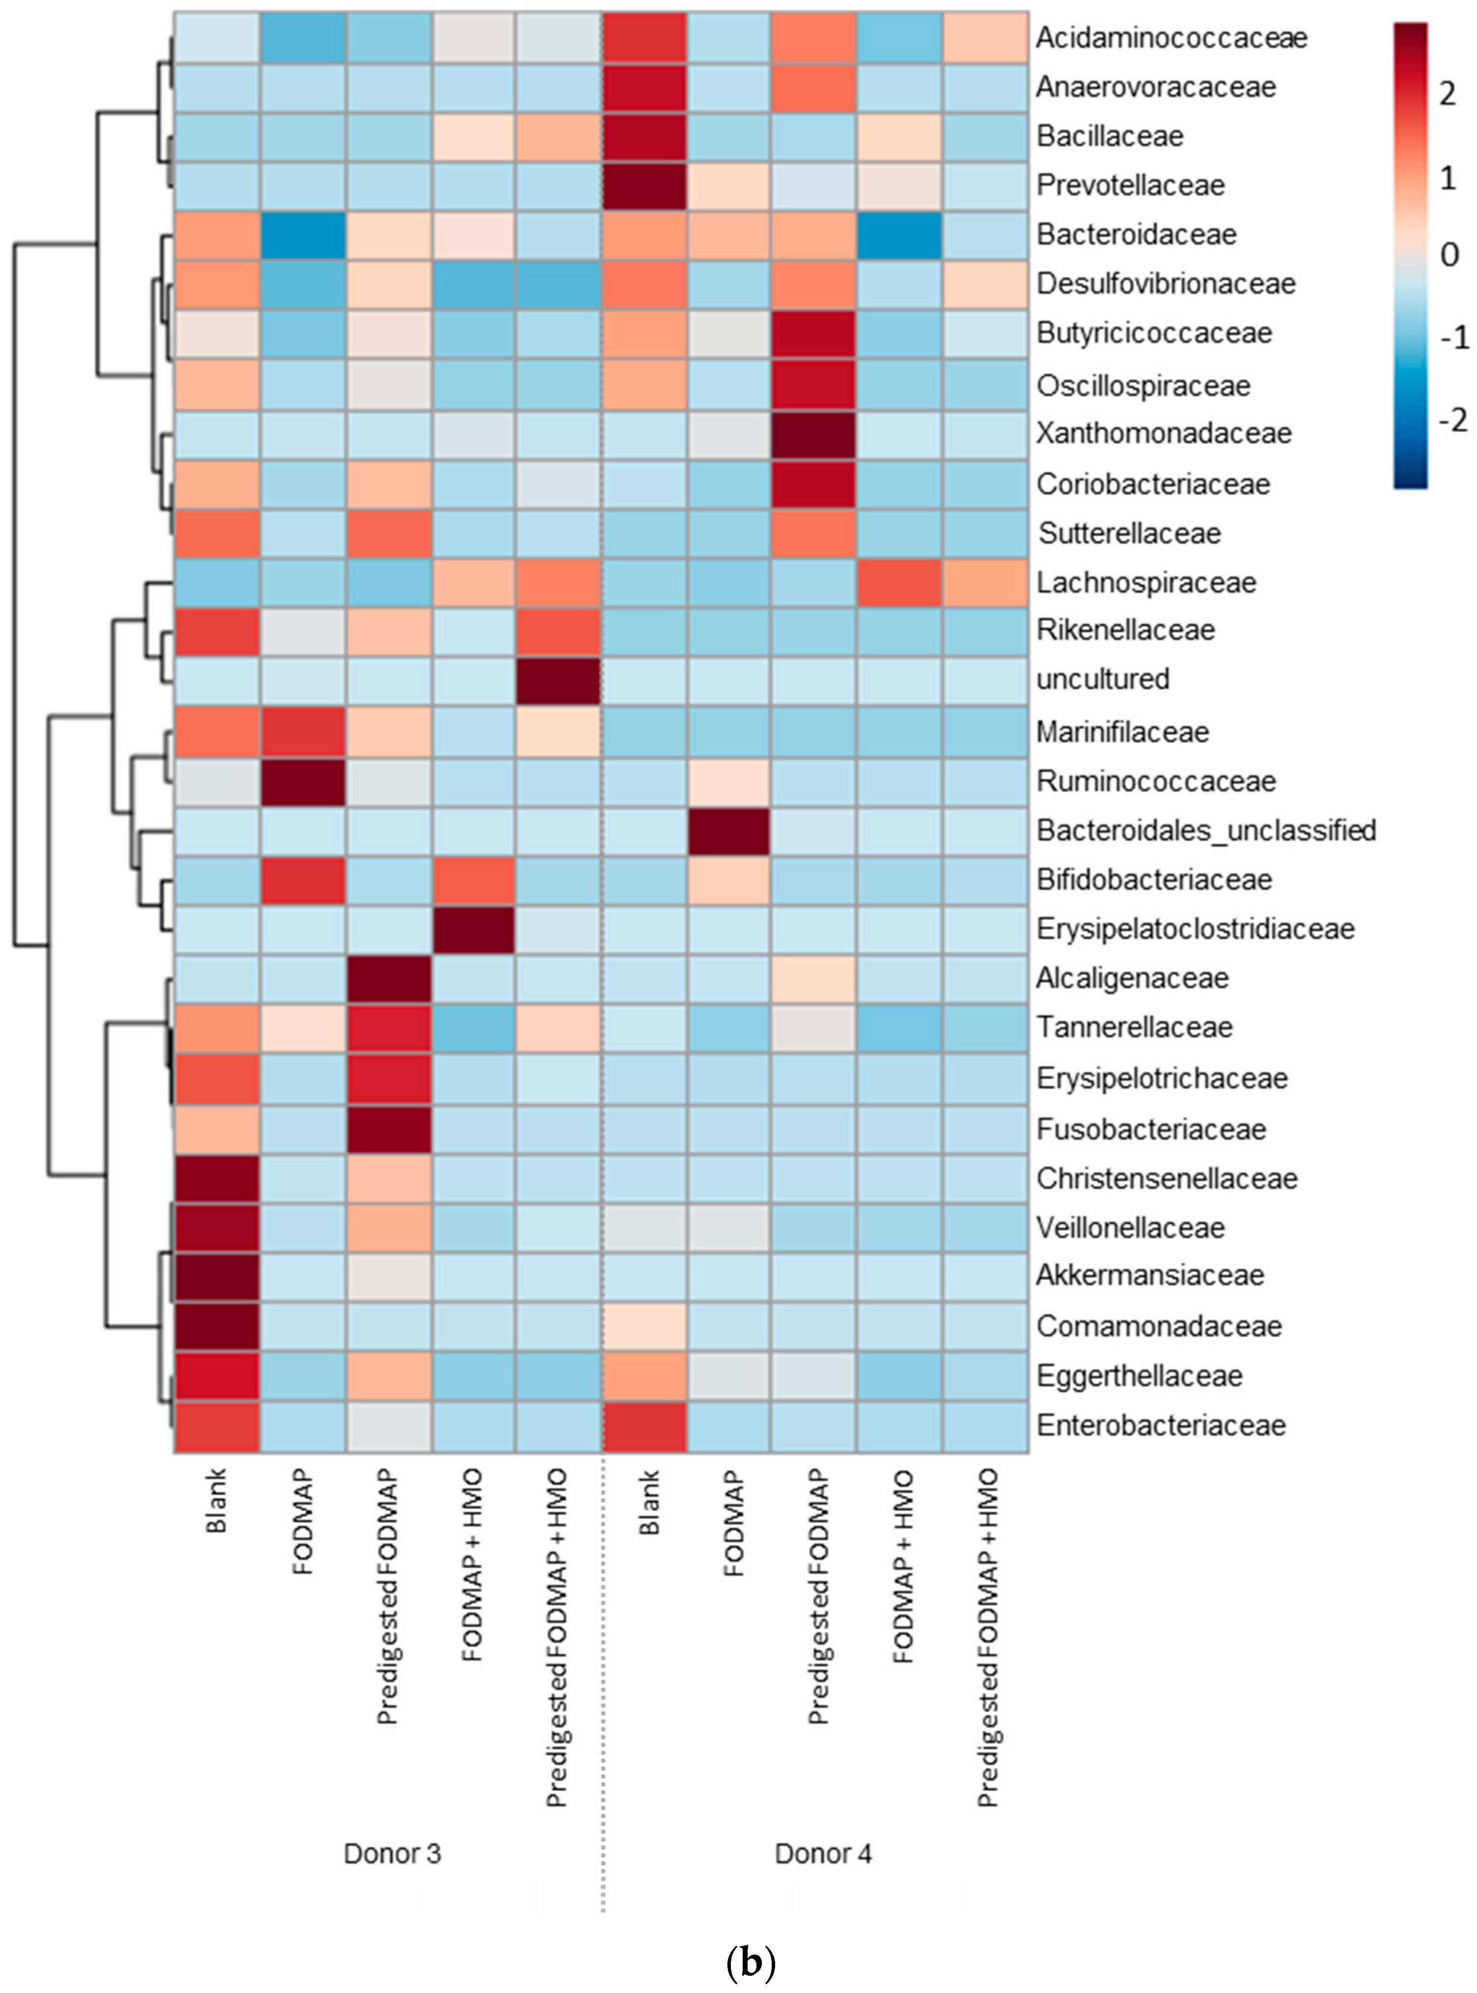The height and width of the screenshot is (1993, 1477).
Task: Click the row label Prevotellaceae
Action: (x=1130, y=185)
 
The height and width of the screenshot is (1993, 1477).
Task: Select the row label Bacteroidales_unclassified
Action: (x=1205, y=830)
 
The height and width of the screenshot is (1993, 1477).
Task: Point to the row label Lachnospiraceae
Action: (x=1146, y=583)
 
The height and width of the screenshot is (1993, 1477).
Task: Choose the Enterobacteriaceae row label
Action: (x=1161, y=1424)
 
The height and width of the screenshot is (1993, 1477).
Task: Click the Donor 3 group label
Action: (x=392, y=1853)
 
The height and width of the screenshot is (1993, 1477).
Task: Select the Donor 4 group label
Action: (x=822, y=1853)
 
